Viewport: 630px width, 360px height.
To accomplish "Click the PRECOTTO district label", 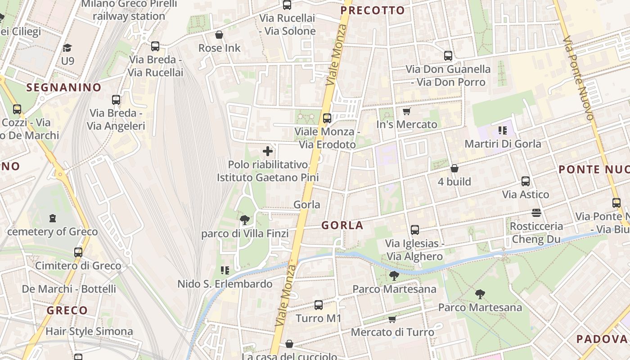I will click(373, 10).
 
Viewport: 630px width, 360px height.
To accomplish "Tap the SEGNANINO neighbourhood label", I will click(64, 87).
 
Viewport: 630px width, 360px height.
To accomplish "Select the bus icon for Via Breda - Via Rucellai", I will click(155, 46).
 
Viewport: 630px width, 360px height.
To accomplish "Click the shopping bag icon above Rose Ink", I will click(219, 35).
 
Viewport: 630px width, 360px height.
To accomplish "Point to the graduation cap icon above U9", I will click(67, 48).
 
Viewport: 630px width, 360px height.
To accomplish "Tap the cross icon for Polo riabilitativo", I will click(268, 151).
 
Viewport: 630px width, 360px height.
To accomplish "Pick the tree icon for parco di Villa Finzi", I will click(245, 220).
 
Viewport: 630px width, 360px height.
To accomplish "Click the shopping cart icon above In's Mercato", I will click(407, 111).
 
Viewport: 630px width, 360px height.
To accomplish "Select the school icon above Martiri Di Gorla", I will click(503, 130).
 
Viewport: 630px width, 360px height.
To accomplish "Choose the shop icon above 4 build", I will click(454, 168).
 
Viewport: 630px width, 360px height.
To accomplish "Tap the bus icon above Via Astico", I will click(526, 181).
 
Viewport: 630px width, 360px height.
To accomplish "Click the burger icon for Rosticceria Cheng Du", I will click(536, 212).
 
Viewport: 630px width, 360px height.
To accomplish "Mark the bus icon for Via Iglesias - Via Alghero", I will click(415, 229).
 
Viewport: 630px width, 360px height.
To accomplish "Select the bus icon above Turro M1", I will click(319, 305).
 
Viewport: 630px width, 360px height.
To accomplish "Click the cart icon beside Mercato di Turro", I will click(392, 319).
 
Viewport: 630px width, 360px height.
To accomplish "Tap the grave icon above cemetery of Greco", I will click(53, 218).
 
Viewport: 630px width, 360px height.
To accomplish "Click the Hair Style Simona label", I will click(89, 332).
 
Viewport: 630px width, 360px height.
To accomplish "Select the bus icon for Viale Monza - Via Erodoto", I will click(327, 118).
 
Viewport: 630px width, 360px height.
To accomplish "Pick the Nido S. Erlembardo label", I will click(225, 284).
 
